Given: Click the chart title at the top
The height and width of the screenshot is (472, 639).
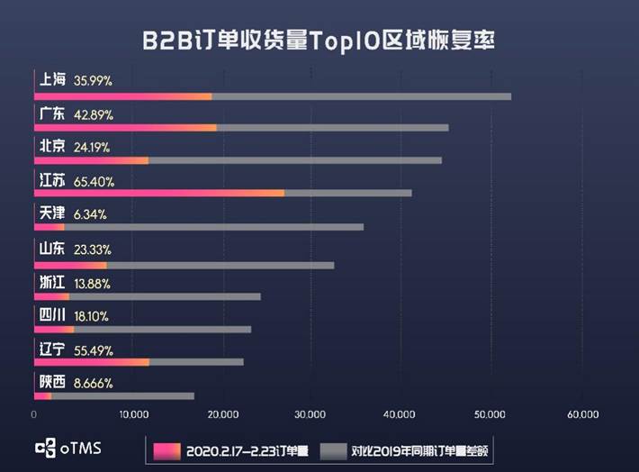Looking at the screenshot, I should pyautogui.click(x=319, y=41).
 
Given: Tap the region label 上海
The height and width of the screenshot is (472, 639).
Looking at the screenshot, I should pyautogui.click(x=52, y=80).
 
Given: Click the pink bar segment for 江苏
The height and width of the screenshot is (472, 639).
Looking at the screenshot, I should pyautogui.click(x=158, y=193).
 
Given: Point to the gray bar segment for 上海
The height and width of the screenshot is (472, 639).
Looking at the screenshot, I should pyautogui.click(x=361, y=95).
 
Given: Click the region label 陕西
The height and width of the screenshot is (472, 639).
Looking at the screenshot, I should pyautogui.click(x=52, y=383).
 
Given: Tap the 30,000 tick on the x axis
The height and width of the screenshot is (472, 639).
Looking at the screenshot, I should pyautogui.click(x=310, y=414).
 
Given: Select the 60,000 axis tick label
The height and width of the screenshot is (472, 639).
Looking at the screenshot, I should pyautogui.click(x=583, y=414).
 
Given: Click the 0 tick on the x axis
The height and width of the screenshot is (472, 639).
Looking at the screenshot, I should pyautogui.click(x=34, y=414).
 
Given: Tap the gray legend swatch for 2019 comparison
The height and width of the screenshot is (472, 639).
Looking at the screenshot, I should pyautogui.click(x=335, y=449).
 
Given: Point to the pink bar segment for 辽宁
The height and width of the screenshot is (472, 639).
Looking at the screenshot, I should pyautogui.click(x=91, y=361).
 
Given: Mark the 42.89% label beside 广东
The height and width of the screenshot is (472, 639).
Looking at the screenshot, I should pyautogui.click(x=94, y=114).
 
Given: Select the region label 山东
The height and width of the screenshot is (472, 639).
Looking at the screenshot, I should pyautogui.click(x=52, y=249).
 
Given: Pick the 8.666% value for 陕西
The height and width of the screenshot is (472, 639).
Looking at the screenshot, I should pyautogui.click(x=94, y=383).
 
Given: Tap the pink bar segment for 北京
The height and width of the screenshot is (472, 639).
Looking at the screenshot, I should pyautogui.click(x=91, y=159).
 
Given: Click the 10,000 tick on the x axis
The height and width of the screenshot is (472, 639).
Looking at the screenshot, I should pyautogui.click(x=133, y=414).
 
